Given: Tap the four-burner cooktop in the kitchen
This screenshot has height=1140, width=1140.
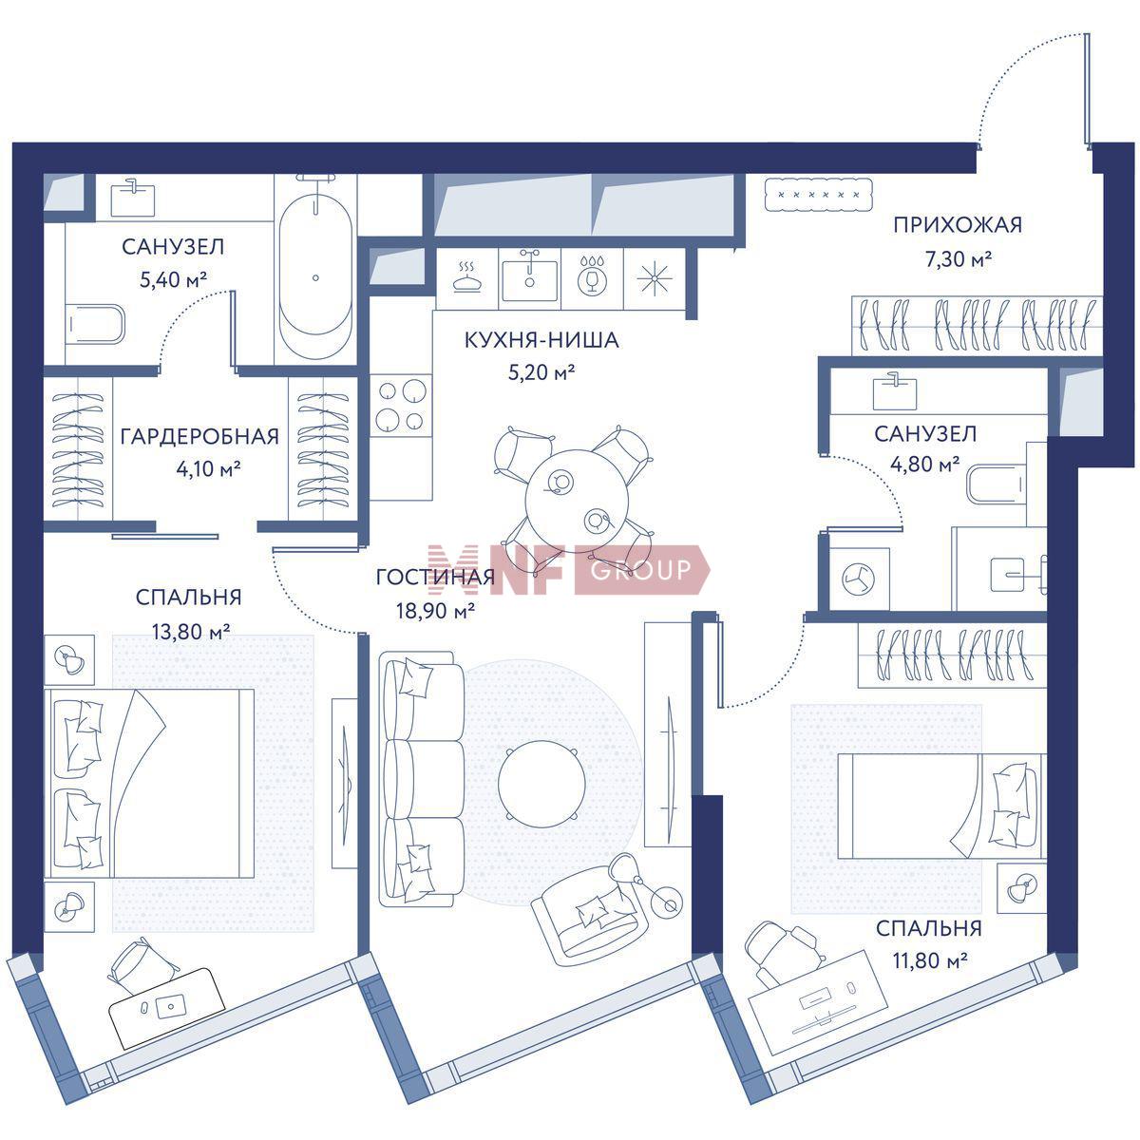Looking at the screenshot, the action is [x=401, y=406].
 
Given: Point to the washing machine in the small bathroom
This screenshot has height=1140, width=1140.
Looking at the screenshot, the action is [x=859, y=579].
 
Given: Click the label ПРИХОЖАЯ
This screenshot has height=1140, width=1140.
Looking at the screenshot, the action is [x=958, y=225].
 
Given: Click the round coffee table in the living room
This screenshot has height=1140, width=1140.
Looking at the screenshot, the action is [x=541, y=784].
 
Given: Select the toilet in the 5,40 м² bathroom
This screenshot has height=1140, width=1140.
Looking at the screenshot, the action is [x=95, y=324].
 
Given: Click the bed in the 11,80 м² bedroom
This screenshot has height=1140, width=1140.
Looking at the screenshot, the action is [x=941, y=806].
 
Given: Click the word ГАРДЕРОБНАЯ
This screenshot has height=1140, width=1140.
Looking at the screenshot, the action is [x=199, y=437].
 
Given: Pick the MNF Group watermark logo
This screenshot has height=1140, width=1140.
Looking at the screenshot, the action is [x=568, y=569].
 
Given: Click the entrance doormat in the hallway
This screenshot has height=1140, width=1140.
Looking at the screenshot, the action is [x=819, y=194].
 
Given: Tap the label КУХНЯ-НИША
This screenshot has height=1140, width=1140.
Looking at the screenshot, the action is [x=541, y=340].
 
